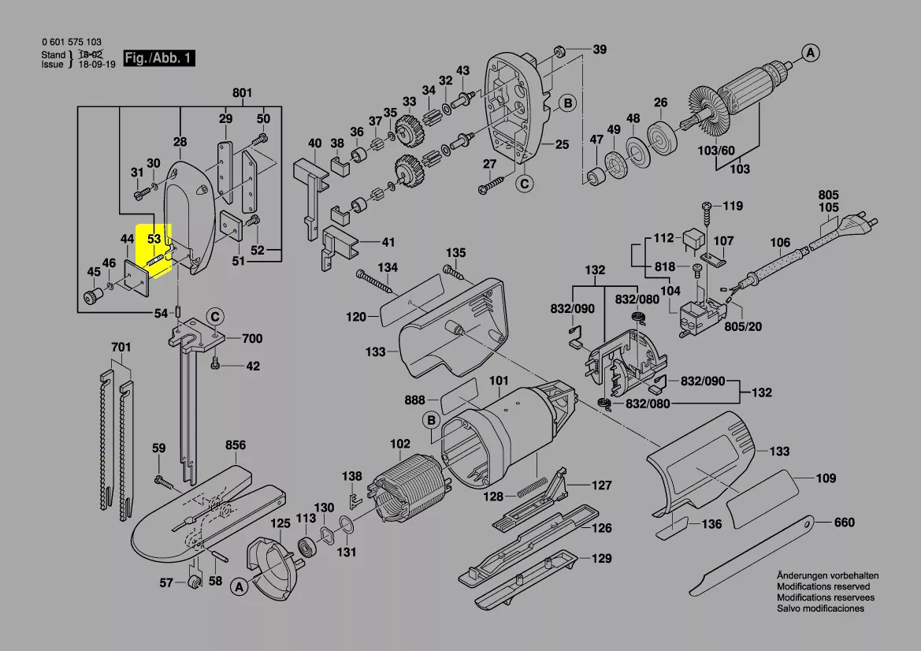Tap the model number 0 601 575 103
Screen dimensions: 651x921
tap(71, 43)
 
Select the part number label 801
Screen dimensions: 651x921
tap(242, 94)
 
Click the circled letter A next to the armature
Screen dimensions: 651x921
tap(810, 53)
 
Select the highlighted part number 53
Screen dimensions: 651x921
tap(154, 238)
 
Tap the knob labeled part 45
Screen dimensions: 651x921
tap(94, 296)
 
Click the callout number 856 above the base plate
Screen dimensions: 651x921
tap(236, 445)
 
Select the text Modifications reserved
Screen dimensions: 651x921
tap(823, 587)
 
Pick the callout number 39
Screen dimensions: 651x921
tap(600, 50)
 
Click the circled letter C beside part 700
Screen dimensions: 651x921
tap(214, 317)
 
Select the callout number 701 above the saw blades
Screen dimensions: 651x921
tap(120, 346)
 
